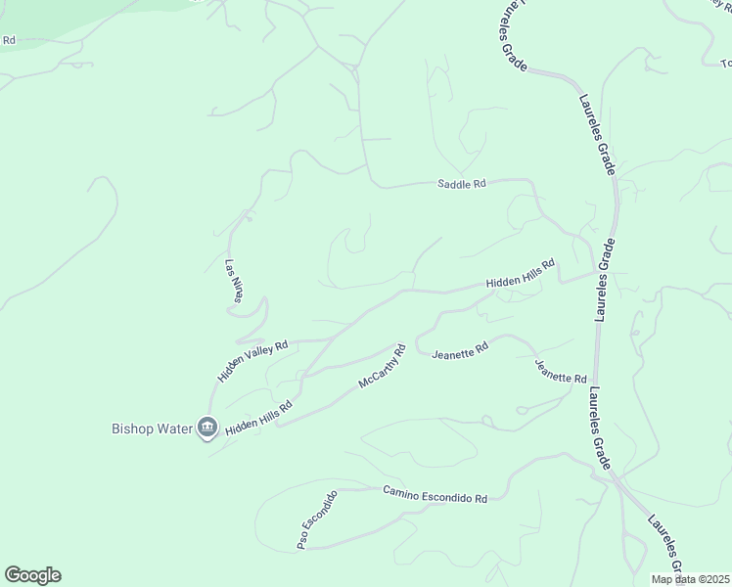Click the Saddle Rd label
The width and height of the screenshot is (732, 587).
click(x=461, y=184)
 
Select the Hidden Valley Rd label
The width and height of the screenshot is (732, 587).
click(x=252, y=360)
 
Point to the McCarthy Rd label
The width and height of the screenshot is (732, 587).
click(x=382, y=366)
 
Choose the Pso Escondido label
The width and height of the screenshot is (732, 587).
click(x=317, y=519)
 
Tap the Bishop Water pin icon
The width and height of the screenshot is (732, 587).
click(x=206, y=428)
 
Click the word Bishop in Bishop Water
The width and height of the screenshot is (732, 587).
click(x=132, y=429)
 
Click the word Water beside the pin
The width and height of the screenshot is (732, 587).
click(x=175, y=429)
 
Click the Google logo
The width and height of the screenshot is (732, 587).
click(x=32, y=575)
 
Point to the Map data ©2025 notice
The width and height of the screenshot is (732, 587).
click(x=691, y=579)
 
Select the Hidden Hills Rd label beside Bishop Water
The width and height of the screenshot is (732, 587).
click(x=258, y=419)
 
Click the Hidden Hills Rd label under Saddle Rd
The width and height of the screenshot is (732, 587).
click(x=521, y=275)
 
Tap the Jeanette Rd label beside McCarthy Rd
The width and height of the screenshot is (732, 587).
click(x=459, y=349)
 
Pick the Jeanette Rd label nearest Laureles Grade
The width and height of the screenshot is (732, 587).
click(x=561, y=371)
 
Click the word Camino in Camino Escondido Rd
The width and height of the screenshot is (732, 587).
click(x=402, y=492)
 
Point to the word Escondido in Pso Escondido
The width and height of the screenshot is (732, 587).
click(x=321, y=512)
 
